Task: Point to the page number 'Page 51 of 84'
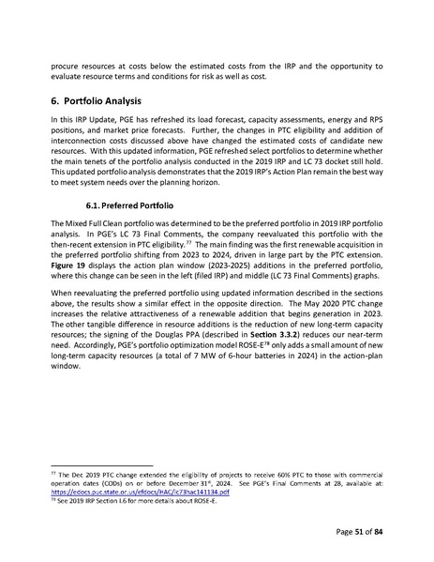coord(368,533)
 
